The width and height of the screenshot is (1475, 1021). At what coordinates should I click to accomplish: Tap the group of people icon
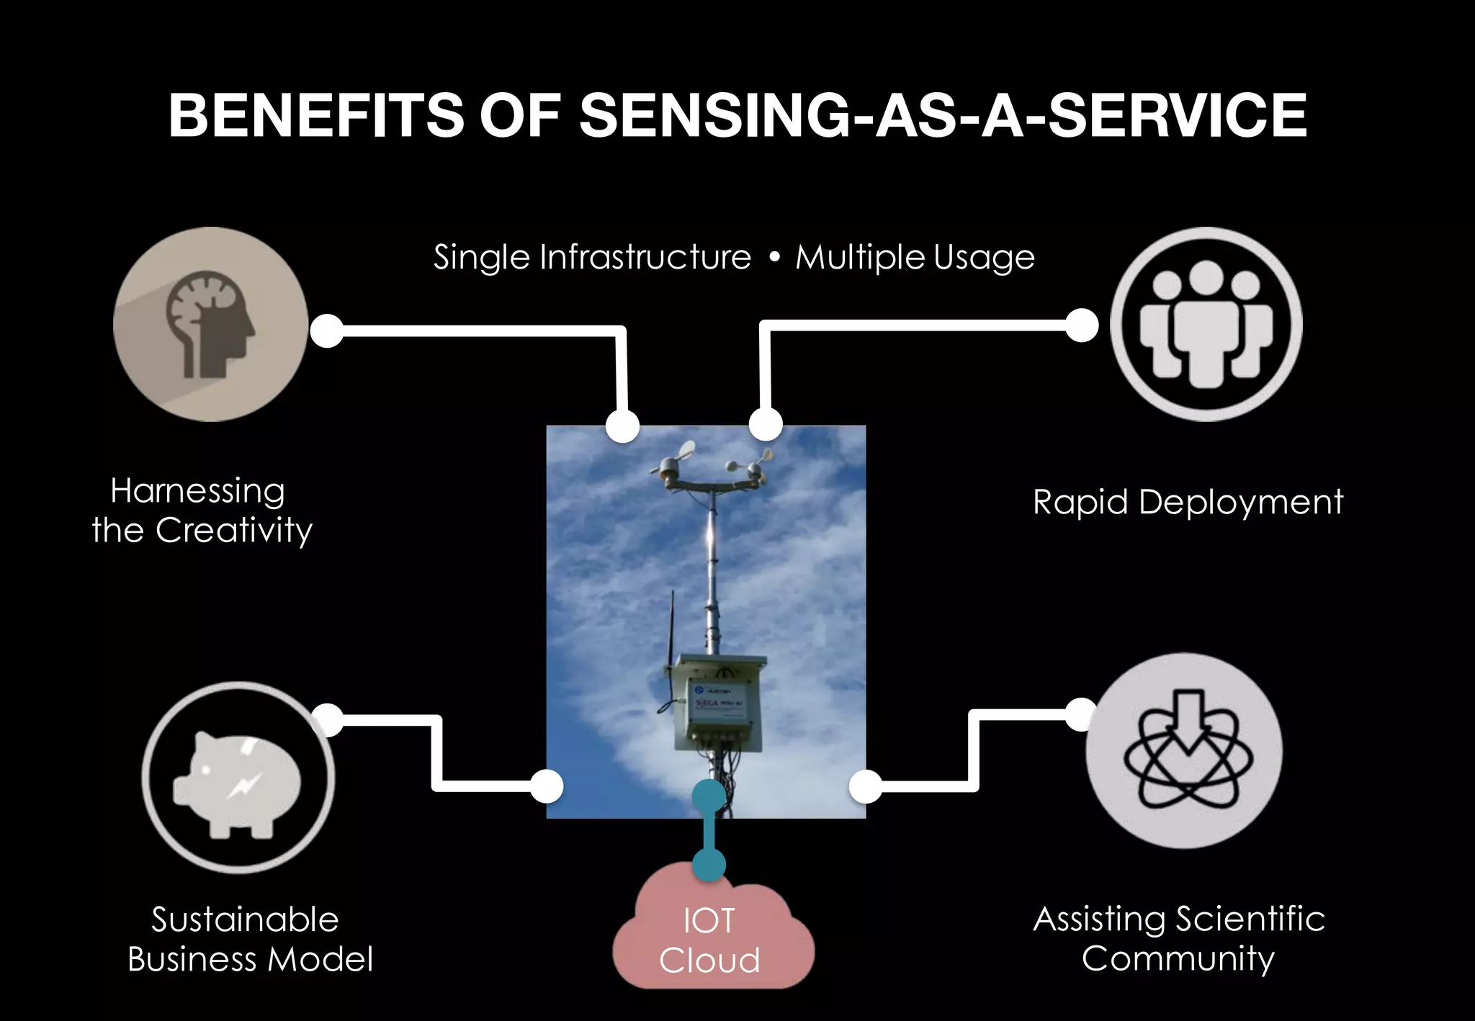pos(1206,325)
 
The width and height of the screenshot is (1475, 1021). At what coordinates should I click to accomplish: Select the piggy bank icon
pos(238,778)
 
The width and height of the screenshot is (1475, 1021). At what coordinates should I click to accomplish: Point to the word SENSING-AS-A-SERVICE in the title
pos(943,115)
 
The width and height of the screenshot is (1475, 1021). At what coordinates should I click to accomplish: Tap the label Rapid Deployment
pos(1188,502)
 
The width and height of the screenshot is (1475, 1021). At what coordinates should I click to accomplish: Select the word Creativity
pos(234,531)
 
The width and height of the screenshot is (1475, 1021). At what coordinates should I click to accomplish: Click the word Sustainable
pos(245,919)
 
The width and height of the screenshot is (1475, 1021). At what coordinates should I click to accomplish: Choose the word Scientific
pos(1250,919)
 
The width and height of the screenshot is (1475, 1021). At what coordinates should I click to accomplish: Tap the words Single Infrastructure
pos(592,257)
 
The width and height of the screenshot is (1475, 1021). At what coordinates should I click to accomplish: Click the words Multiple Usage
pos(915,257)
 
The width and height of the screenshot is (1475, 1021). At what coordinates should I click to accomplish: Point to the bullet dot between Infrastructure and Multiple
pos(774,258)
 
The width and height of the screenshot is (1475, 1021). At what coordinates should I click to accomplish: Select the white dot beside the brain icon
pos(327,331)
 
